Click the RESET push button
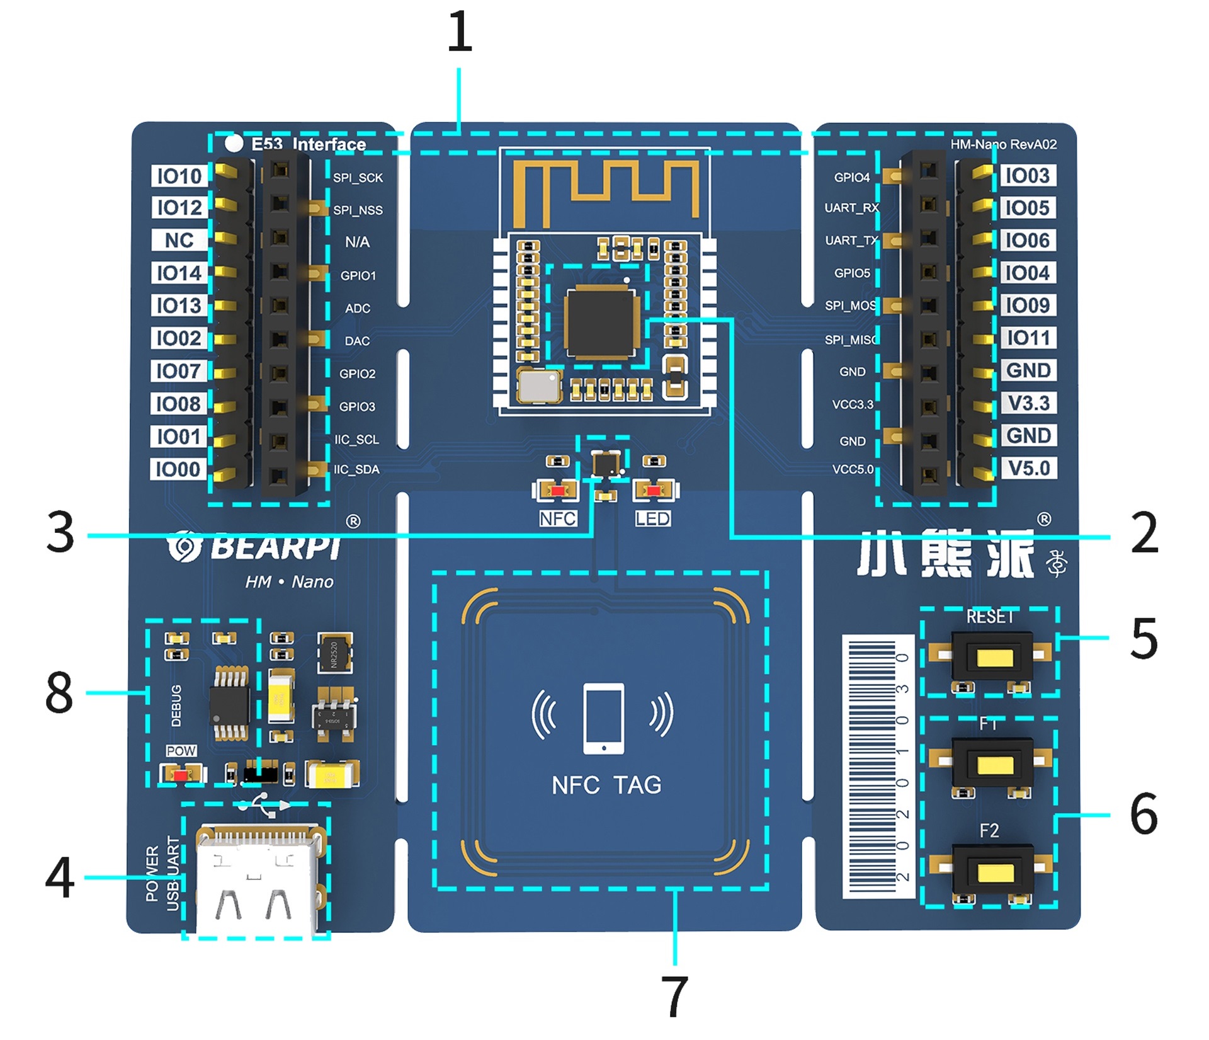[993, 658]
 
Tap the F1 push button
[993, 764]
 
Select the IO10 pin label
[179, 176]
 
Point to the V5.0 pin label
[1028, 468]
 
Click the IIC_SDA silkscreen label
[356, 469]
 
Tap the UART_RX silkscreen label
[851, 208]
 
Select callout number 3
[60, 533]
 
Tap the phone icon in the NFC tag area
[603, 718]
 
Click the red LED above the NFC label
[556, 489]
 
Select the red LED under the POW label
[181, 774]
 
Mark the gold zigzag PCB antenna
[606, 189]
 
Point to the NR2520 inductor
[334, 653]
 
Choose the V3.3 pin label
[1028, 403]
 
